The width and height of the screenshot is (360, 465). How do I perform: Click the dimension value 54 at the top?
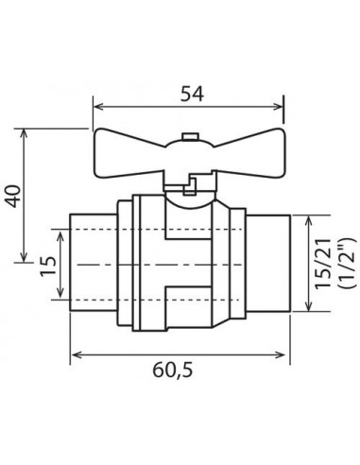coord(192,92)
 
